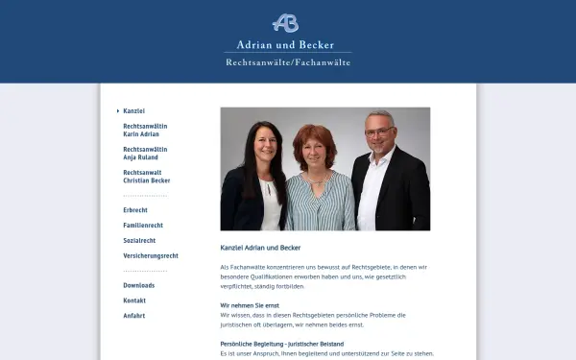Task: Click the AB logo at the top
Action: (285, 22)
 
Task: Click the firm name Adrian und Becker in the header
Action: (285, 44)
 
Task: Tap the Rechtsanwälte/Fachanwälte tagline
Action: (288, 62)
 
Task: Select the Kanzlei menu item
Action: (134, 111)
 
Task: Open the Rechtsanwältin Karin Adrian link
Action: (141, 131)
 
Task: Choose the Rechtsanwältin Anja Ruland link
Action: (145, 154)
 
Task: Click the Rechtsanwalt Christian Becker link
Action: (147, 177)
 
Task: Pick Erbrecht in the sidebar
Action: (135, 209)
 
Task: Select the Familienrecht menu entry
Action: (143, 225)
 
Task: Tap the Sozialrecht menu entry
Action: (139, 240)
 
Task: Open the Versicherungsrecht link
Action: (151, 255)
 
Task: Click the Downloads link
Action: (139, 285)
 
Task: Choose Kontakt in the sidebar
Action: (134, 300)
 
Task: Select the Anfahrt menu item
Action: (134, 316)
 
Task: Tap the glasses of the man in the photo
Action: (377, 132)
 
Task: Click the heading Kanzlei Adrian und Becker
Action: (260, 248)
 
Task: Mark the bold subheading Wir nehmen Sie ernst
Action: (250, 305)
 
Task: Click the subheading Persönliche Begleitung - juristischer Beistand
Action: (282, 344)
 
